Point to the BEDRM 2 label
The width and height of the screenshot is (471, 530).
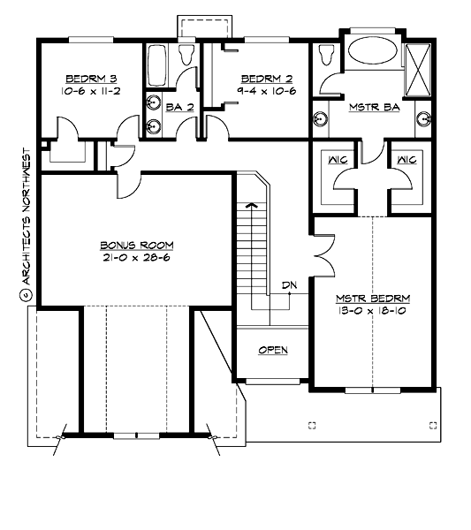[262, 77]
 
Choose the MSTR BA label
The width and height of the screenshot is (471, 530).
[369, 107]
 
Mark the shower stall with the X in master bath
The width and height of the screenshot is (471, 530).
[415, 61]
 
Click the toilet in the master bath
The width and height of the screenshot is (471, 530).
[326, 57]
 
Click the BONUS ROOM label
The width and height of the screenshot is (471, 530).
[136, 245]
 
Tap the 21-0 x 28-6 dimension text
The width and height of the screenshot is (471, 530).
[136, 258]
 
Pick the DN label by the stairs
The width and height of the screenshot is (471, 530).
[288, 285]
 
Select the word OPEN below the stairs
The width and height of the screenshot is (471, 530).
[273, 351]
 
